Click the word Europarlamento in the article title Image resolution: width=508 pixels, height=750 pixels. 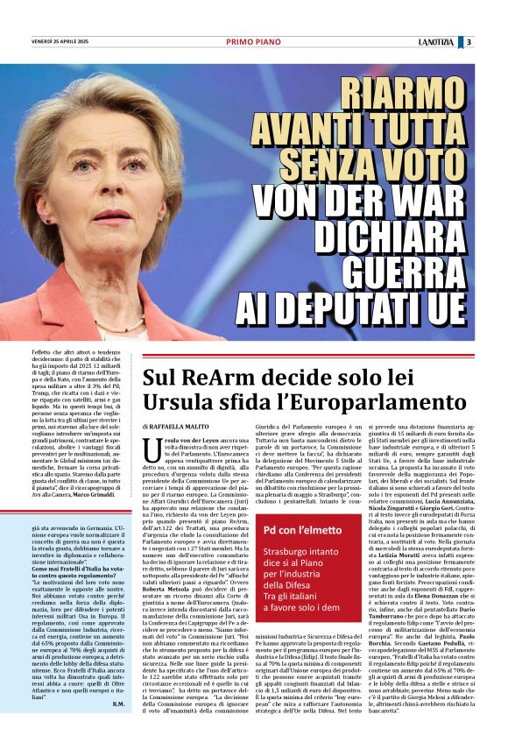click(297, 404)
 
